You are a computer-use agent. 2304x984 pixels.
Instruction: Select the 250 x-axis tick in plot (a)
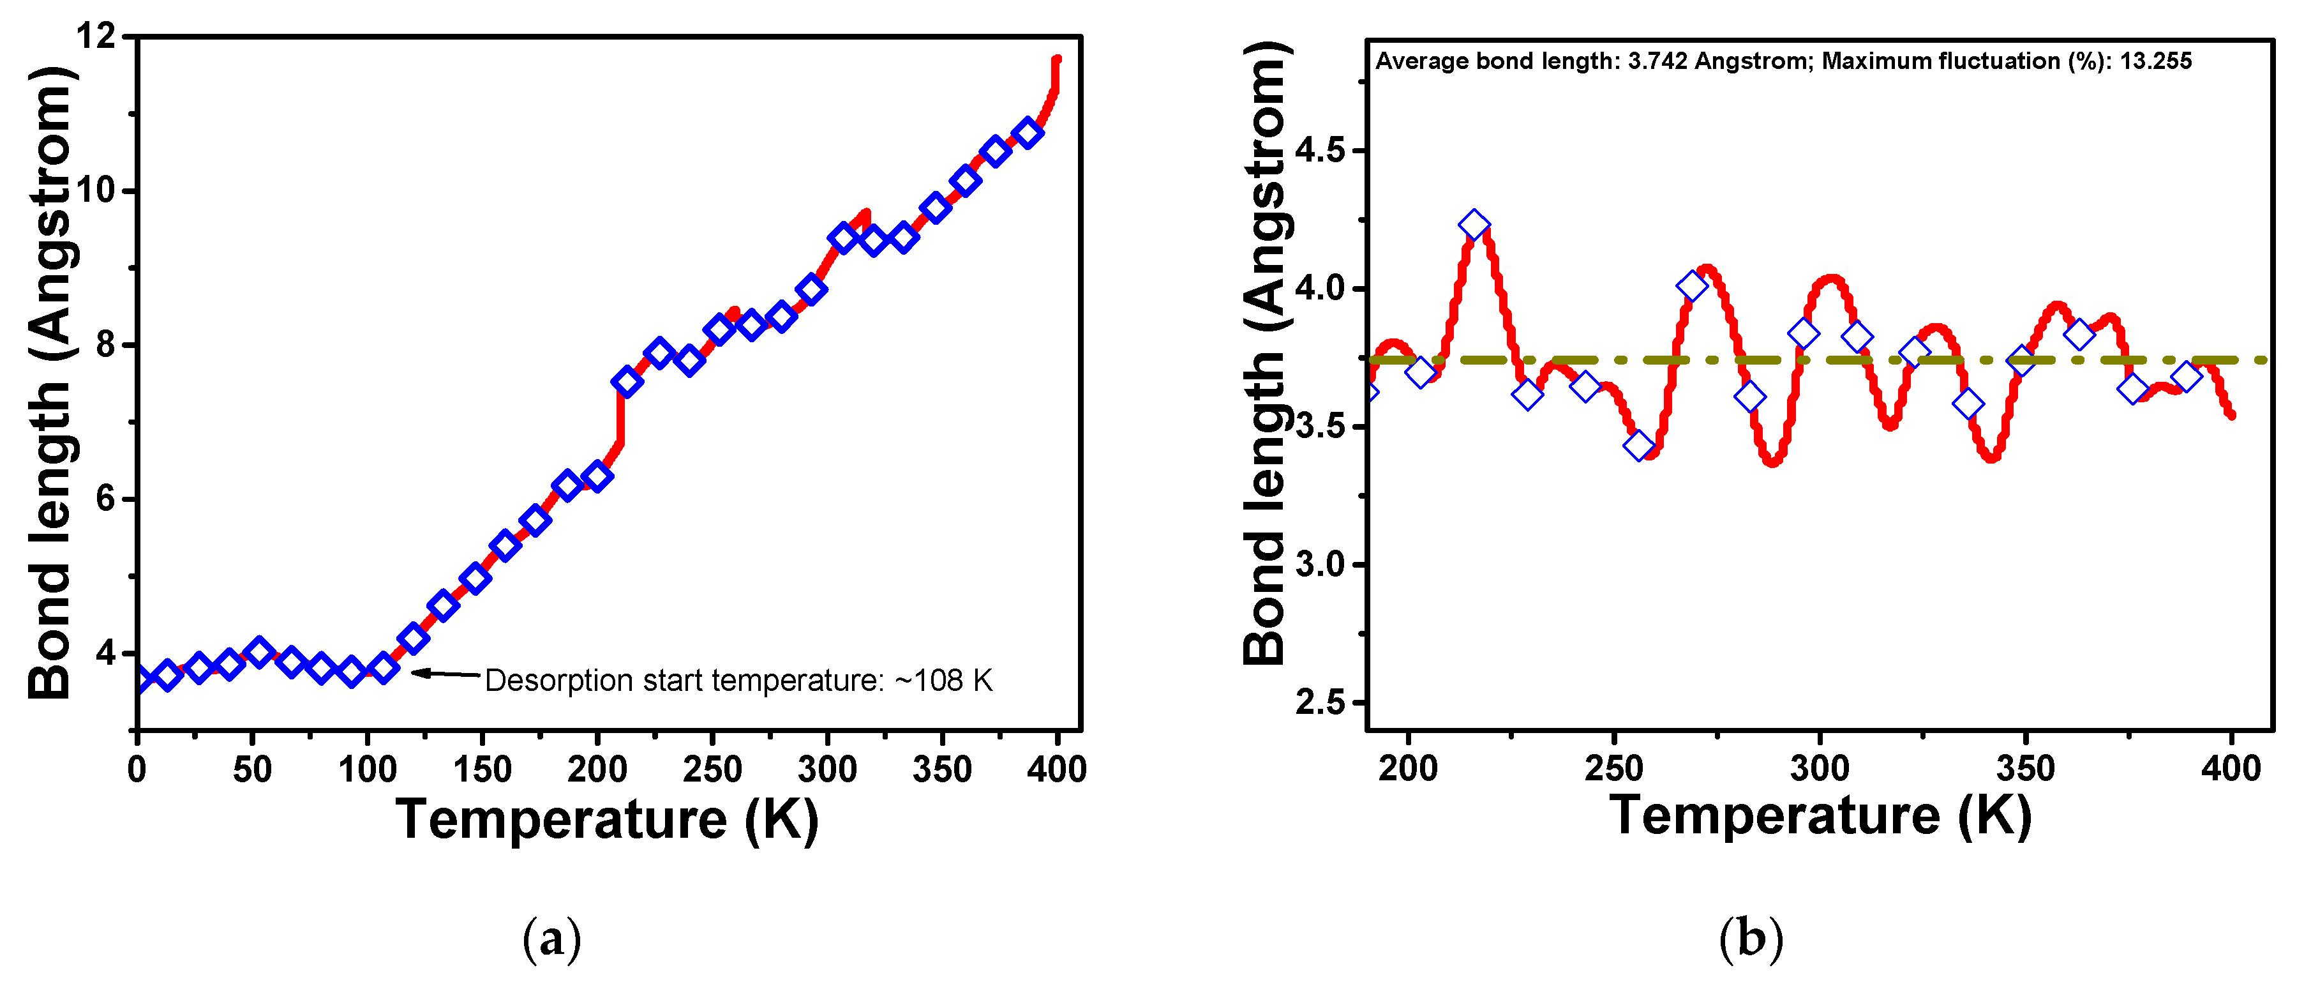(712, 769)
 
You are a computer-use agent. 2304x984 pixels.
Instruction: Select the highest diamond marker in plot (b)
(1474, 225)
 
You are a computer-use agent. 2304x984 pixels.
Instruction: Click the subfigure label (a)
(552, 939)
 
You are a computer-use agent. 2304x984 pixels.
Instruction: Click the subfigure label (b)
(1751, 939)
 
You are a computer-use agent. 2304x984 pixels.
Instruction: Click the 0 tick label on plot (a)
(137, 769)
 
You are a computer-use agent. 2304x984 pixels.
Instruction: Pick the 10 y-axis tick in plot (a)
(96, 190)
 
